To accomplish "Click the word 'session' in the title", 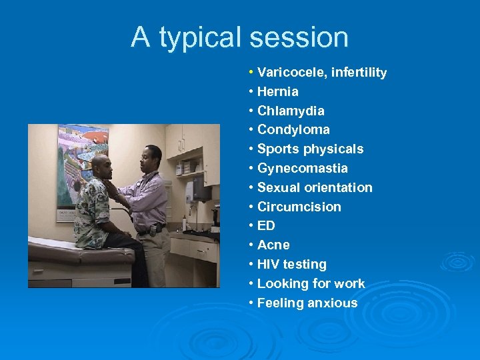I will [x=299, y=37].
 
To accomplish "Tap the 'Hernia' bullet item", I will [x=277, y=91].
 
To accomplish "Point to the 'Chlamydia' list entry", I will [x=291, y=111].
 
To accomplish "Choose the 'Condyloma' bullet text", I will [x=293, y=129].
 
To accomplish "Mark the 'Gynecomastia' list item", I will [x=302, y=168].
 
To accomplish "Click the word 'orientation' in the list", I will [x=337, y=187].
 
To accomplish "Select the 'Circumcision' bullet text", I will [x=299, y=207].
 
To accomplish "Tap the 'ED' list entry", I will [x=266, y=226].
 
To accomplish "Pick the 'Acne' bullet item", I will [x=272, y=245].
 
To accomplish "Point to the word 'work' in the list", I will [x=350, y=283].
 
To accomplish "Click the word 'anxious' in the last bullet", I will [x=333, y=303].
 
